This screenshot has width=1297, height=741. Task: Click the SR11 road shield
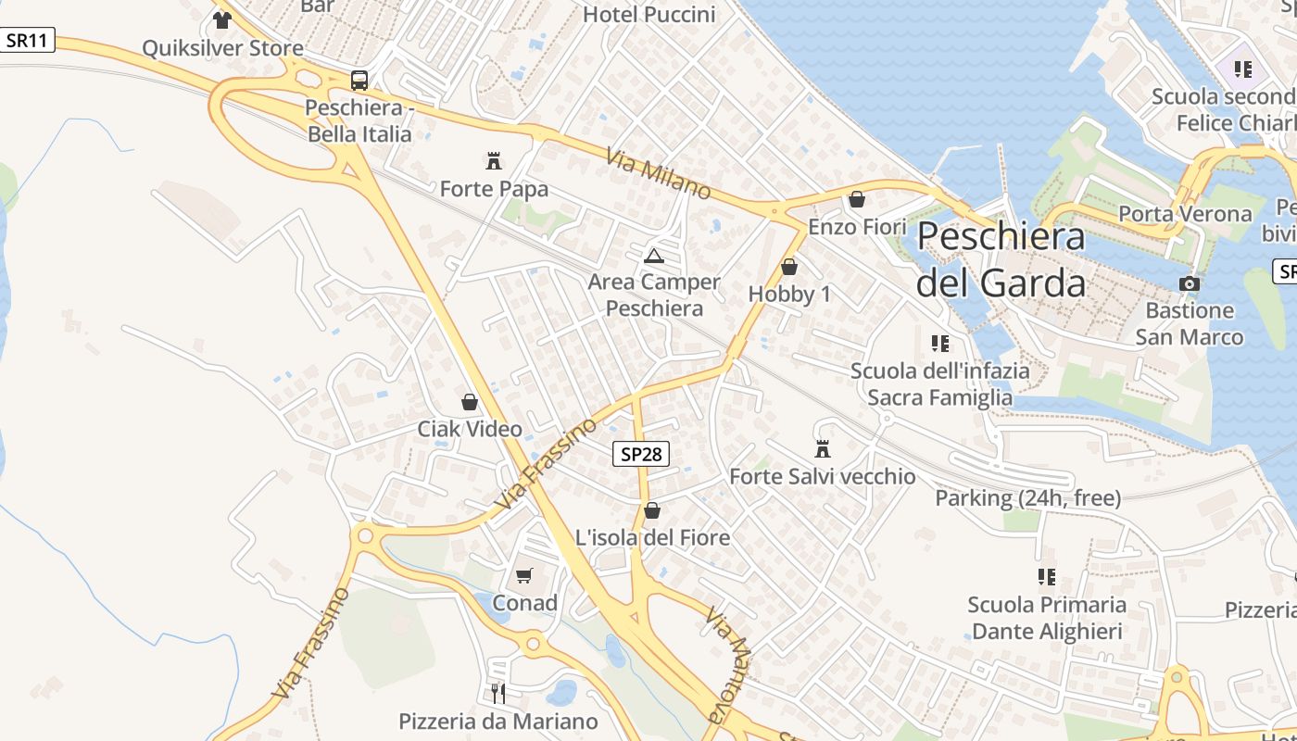point(28,40)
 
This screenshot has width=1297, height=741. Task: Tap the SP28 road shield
point(640,454)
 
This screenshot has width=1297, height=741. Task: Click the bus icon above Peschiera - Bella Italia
point(359,81)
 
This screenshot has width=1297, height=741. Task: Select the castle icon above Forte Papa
point(494,161)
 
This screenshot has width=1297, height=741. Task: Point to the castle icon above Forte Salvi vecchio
point(822,449)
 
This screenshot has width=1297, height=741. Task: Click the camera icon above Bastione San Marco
point(1190,283)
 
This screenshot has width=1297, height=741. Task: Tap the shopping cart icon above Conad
point(524,576)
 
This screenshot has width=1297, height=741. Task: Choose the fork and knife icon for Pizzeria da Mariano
point(498,693)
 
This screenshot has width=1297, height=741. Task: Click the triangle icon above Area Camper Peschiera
point(654,255)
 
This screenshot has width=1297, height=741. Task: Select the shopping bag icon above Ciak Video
point(470,402)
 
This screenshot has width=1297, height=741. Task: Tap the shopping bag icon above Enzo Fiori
point(857,199)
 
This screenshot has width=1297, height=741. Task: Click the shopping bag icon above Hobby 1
point(789,267)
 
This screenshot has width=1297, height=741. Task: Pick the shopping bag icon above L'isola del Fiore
point(652,510)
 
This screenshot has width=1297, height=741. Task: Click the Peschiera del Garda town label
point(1001,259)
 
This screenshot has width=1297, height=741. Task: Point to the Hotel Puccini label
point(648,15)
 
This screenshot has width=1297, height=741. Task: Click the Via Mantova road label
point(727,663)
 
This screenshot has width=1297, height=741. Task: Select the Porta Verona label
point(1185,214)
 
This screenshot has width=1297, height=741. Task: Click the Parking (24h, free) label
point(1027,498)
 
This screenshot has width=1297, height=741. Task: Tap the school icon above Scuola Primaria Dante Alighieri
point(1047,577)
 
